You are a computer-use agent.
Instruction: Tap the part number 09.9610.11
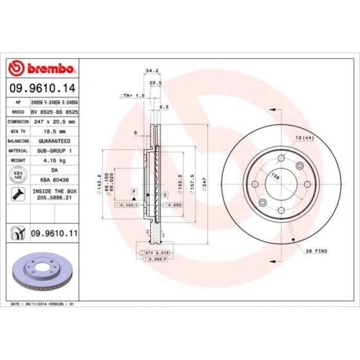point(54,233)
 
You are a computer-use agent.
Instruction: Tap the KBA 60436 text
point(54,179)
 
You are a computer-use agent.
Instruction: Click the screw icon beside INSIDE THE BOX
point(16,194)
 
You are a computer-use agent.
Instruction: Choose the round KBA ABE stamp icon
point(16,174)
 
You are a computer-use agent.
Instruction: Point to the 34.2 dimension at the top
point(151,70)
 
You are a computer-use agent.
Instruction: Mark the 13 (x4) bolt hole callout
point(304,137)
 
